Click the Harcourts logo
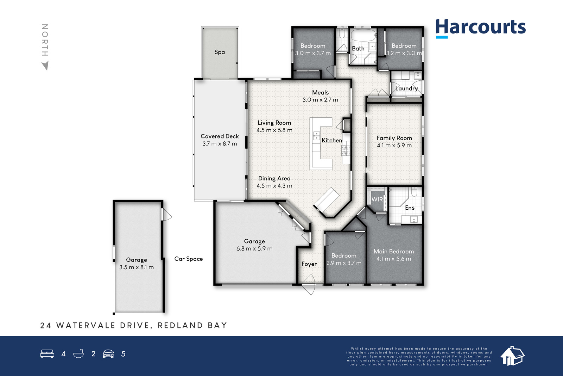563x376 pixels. pyautogui.click(x=480, y=29)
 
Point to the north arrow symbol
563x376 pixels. pyautogui.click(x=45, y=66)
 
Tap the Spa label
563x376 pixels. pyautogui.click(x=220, y=52)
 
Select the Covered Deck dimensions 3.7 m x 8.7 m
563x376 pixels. pyautogui.click(x=220, y=144)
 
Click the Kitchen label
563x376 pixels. pyautogui.click(x=332, y=141)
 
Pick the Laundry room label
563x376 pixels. pyautogui.click(x=406, y=88)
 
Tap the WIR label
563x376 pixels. pyautogui.click(x=377, y=199)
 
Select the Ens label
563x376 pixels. pyautogui.click(x=410, y=208)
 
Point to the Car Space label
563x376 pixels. pyautogui.click(x=189, y=259)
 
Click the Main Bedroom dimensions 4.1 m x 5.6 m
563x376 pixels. pyautogui.click(x=394, y=259)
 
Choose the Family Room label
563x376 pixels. pyautogui.click(x=394, y=138)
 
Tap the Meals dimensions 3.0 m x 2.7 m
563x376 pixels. pyautogui.click(x=320, y=100)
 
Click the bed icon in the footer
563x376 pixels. pyautogui.click(x=47, y=353)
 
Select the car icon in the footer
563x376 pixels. pyautogui.click(x=108, y=354)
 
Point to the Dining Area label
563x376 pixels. pyautogui.click(x=274, y=178)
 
